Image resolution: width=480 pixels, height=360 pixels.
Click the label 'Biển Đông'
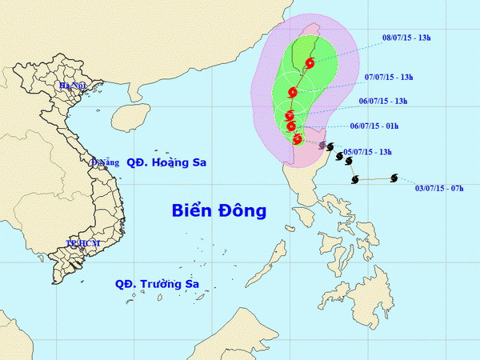pos(218,210)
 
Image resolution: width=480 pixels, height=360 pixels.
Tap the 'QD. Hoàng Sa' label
pos(166,162)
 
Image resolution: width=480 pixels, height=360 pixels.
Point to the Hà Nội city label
pos(72,85)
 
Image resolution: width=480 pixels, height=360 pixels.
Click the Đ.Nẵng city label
pos(103,162)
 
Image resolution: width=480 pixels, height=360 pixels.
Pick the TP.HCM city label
pos(82,242)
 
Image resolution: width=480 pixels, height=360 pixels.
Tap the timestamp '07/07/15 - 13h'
pos(387,77)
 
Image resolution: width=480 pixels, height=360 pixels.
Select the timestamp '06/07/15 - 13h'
pos(382,101)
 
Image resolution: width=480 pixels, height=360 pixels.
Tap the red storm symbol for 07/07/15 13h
pos(293,93)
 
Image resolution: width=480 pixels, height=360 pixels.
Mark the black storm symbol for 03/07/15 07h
pos(394,178)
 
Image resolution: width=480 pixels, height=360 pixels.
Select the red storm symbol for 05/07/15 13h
pos(298,139)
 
